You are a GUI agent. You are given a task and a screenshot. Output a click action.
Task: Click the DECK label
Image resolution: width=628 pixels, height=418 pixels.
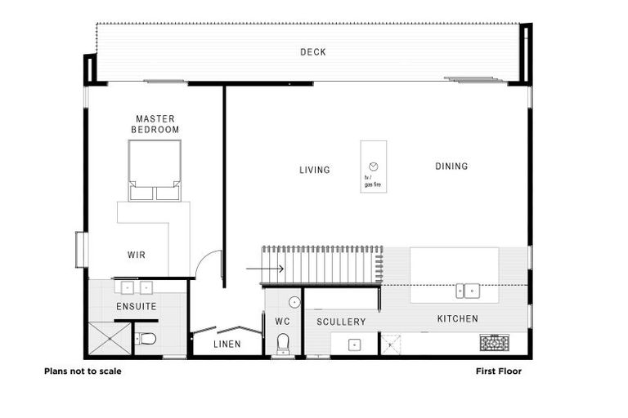click(312, 52)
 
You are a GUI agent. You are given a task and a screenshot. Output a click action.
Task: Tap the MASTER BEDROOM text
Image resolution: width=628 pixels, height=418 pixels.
click(155, 124)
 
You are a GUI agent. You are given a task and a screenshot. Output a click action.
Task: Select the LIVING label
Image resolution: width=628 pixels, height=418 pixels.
click(314, 170)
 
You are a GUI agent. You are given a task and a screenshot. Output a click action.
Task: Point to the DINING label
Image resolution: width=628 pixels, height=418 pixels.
click(451, 167)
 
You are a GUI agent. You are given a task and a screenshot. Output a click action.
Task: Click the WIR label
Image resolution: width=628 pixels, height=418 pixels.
click(137, 255)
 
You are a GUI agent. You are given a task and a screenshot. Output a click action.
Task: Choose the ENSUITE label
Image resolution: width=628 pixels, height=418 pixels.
click(136, 306)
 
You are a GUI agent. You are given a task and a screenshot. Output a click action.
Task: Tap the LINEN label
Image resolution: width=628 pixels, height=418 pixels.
click(227, 345)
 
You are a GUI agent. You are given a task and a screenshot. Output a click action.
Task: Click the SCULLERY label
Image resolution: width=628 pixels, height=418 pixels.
click(341, 322)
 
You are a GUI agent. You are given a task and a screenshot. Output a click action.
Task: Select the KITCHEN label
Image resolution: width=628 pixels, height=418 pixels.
click(457, 318)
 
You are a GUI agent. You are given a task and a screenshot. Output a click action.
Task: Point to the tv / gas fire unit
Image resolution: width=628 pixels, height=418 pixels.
click(374, 167)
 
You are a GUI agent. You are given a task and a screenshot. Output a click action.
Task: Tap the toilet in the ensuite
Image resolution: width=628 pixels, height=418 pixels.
click(147, 339)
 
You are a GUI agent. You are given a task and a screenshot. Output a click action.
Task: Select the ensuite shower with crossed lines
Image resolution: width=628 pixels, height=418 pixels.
click(110, 338)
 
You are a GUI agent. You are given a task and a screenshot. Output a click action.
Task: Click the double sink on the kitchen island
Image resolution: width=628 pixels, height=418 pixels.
click(468, 289)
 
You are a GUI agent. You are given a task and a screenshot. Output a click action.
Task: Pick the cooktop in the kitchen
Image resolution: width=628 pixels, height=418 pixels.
click(494, 343)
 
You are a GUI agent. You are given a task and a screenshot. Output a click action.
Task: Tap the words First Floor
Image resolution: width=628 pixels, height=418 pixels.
click(499, 371)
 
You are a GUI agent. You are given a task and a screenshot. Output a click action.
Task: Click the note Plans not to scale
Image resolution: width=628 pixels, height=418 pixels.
click(83, 371)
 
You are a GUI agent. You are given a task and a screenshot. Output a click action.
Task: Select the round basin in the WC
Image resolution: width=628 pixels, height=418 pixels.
click(294, 303)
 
